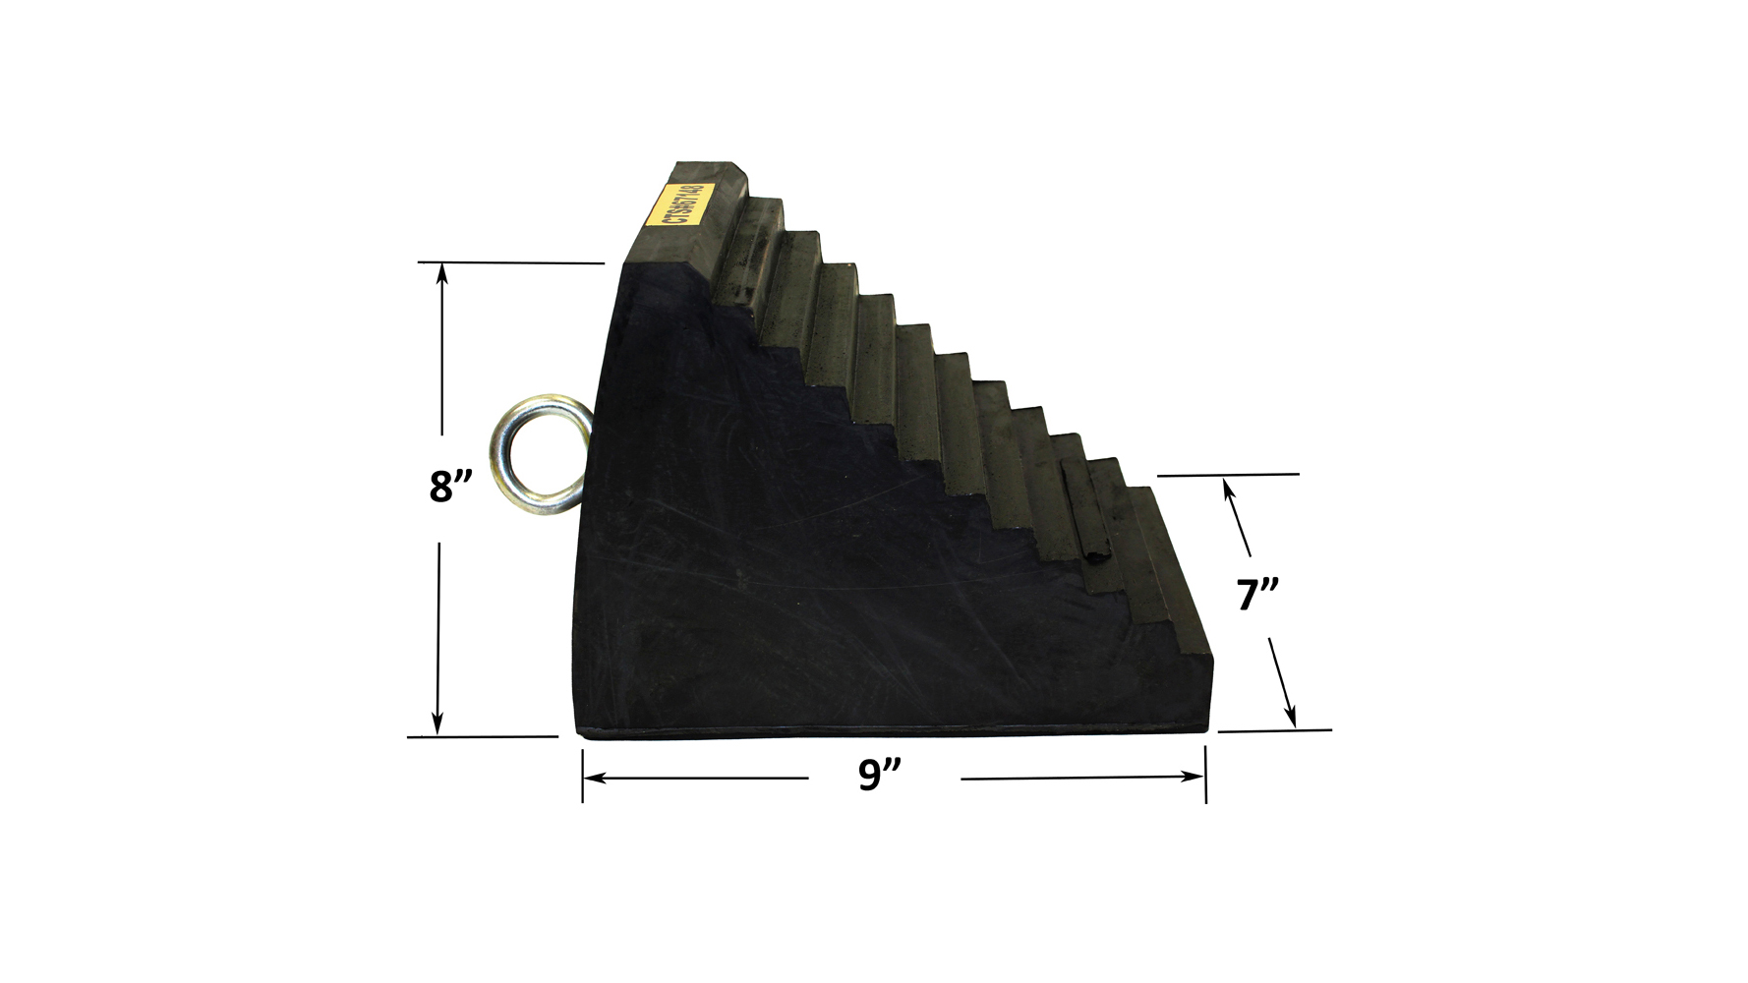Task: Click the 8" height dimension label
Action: pos(450,487)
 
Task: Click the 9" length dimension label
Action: pos(879,775)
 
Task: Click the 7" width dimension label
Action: pos(1256,595)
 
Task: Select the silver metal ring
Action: pos(541,453)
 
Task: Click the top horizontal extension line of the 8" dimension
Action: pos(511,262)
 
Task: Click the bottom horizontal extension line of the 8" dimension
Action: pos(482,736)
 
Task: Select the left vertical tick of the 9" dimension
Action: pos(582,776)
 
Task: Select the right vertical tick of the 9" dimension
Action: pos(1205,775)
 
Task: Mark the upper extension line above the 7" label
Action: pos(1229,475)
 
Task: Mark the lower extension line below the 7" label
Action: pos(1275,730)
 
